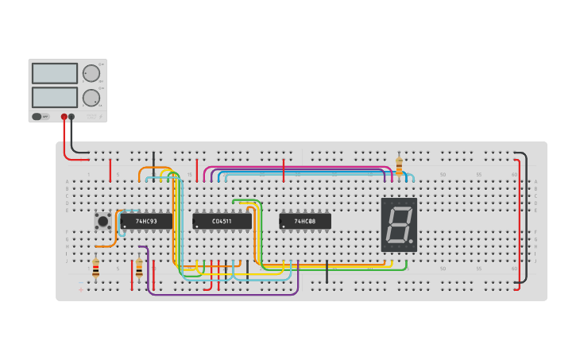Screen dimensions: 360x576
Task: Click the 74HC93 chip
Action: pyautogui.click(x=146, y=221)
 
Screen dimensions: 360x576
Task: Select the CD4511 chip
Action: pyautogui.click(x=222, y=221)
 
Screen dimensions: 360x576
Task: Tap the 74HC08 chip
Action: pyautogui.click(x=305, y=221)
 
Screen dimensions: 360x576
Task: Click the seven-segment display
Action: pyautogui.click(x=398, y=225)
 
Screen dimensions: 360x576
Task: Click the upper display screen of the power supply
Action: pyautogui.click(x=55, y=73)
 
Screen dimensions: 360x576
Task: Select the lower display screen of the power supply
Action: pyautogui.click(x=55, y=97)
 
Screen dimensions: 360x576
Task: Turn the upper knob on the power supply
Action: pyautogui.click(x=91, y=73)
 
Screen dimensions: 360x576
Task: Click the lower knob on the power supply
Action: pyautogui.click(x=91, y=98)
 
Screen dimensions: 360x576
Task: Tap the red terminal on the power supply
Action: pyautogui.click(x=64, y=117)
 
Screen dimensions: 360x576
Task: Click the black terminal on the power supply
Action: pyautogui.click(x=72, y=117)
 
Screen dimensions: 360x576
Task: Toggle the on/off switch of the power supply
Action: pyautogui.click(x=37, y=117)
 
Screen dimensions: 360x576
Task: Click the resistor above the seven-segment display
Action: pyautogui.click(x=399, y=165)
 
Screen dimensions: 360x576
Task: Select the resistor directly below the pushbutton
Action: pyautogui.click(x=96, y=268)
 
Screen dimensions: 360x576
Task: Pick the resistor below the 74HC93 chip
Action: pyautogui.click(x=139, y=268)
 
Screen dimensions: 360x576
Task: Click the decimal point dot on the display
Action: pyautogui.click(x=411, y=241)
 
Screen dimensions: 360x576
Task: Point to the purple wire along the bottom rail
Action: pyautogui.click(x=222, y=294)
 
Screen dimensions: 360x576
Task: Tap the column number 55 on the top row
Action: pyautogui.click(x=479, y=174)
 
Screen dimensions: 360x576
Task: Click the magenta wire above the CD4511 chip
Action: pyautogui.click(x=294, y=168)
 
